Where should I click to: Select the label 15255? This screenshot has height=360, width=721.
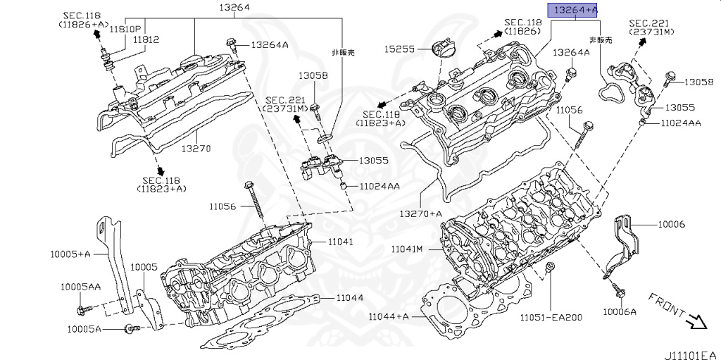coord(399,49)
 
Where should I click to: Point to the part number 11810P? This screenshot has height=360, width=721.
coord(145,30)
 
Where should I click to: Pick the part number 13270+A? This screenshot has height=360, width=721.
coord(421,213)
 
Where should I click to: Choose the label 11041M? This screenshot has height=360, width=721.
coord(407,249)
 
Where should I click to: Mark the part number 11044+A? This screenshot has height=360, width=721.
coord(388,317)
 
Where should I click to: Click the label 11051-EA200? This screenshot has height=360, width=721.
coord(551,317)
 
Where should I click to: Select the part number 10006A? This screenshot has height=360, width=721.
coord(620,311)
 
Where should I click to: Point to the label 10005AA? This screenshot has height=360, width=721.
coord(80,287)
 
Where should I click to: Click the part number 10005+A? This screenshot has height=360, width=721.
coord(70,253)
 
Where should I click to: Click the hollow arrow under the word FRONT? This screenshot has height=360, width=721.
coord(696,323)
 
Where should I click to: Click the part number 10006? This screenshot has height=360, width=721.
coord(672,224)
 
